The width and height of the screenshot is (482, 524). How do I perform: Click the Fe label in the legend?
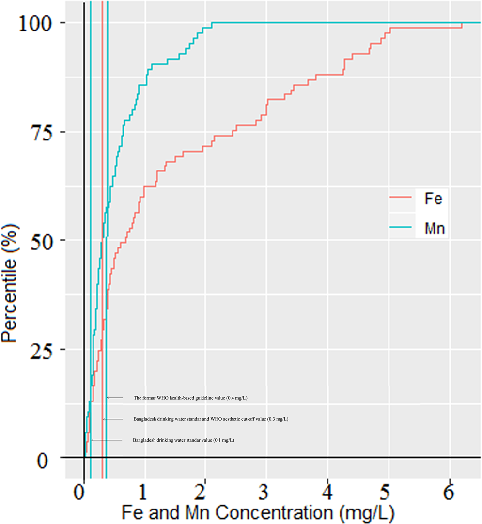[x=433, y=199]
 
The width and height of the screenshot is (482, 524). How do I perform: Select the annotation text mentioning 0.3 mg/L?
[x=211, y=419]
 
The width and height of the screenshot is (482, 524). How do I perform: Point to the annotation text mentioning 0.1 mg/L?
[x=184, y=440]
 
